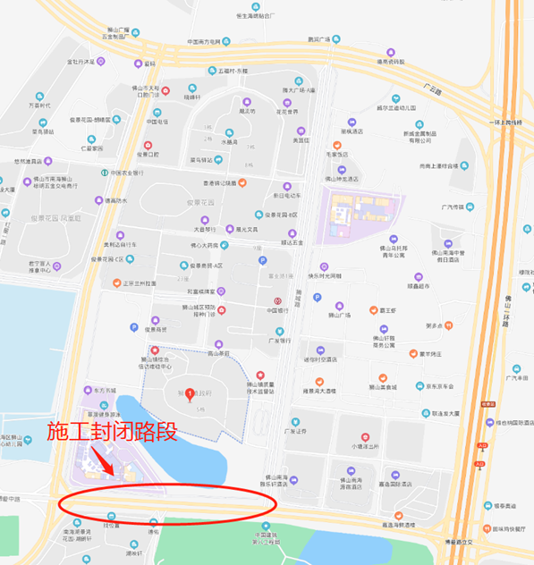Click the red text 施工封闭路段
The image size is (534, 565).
pyautogui.click(x=111, y=433)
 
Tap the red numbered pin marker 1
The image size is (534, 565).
pyautogui.click(x=188, y=393)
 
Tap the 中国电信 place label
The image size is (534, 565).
pyautogui.click(x=157, y=122)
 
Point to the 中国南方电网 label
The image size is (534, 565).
pyautogui.click(x=209, y=42)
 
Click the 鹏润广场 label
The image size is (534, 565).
pyautogui.click(x=319, y=39)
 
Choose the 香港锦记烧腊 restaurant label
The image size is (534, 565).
pyautogui.click(x=219, y=183)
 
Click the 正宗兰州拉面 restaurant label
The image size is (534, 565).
pyautogui.click(x=133, y=282)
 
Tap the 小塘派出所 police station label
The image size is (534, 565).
pyautogui.click(x=367, y=445)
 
